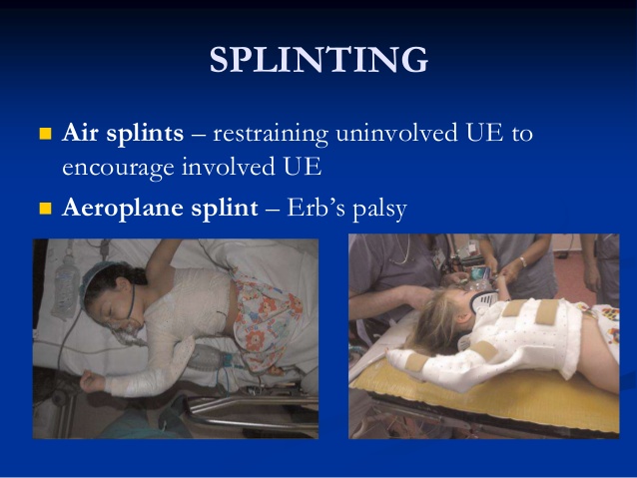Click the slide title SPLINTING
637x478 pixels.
(318, 62)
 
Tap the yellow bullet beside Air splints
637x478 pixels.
(44, 133)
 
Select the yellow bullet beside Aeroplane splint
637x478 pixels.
(44, 210)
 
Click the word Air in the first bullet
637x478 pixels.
(83, 133)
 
